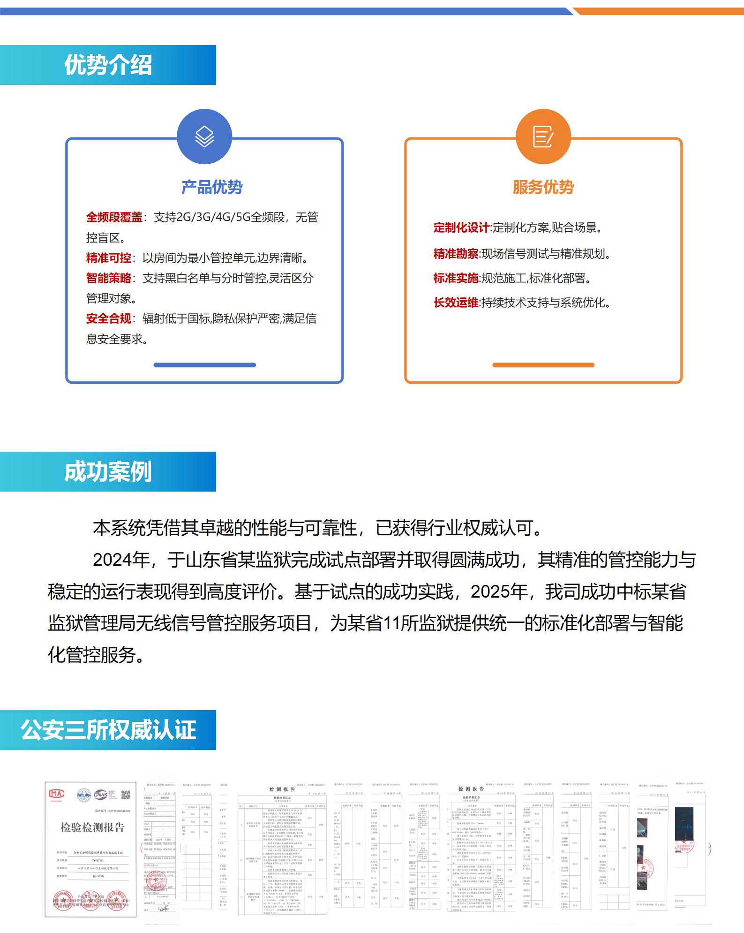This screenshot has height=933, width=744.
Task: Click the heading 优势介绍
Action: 108,65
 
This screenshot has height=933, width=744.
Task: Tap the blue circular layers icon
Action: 204,137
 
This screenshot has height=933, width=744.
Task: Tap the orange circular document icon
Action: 543,137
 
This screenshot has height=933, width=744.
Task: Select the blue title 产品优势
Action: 212,187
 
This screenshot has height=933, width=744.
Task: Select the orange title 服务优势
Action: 543,187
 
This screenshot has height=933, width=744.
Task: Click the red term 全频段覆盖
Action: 114,217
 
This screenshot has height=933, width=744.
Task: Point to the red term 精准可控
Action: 109,258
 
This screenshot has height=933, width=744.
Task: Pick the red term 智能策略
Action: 109,278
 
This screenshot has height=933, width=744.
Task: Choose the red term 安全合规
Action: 109,319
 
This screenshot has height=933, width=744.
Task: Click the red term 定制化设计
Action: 461,228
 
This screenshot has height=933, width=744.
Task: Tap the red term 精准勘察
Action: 456,254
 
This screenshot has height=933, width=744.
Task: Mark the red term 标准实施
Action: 456,278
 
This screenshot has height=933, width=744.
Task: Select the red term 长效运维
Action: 456,303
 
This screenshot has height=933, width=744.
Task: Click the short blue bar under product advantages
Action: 204,365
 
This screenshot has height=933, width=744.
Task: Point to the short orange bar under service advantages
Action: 543,365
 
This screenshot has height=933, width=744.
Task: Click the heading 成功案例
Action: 108,471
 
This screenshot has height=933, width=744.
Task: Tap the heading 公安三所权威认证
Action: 108,730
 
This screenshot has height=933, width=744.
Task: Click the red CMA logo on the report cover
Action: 57,794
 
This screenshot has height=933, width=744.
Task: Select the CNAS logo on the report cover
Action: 100,794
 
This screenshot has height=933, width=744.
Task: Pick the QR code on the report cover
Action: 126,794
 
